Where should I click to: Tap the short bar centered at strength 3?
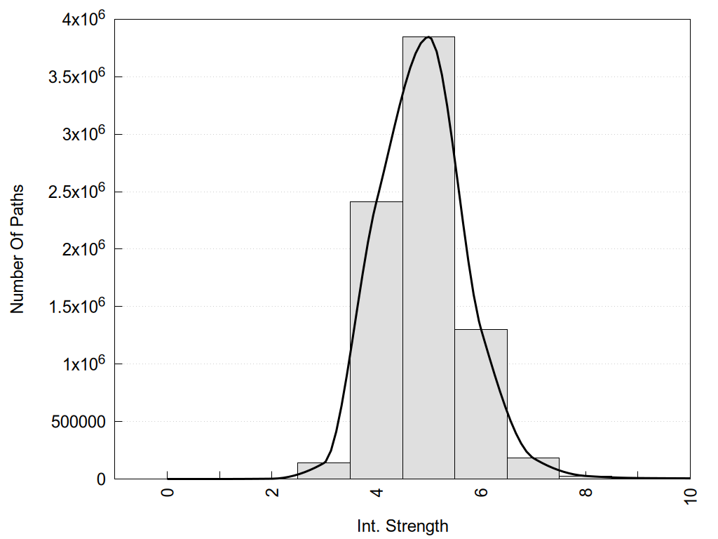[x=324, y=470]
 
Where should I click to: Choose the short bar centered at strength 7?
[x=533, y=468]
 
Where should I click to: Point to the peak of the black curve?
[x=428, y=37]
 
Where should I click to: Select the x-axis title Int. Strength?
[x=402, y=525]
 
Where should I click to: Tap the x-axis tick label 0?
[x=167, y=493]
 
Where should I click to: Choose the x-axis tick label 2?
[x=272, y=493]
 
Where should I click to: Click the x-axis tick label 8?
[x=585, y=493]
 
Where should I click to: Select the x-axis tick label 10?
[x=690, y=495]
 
